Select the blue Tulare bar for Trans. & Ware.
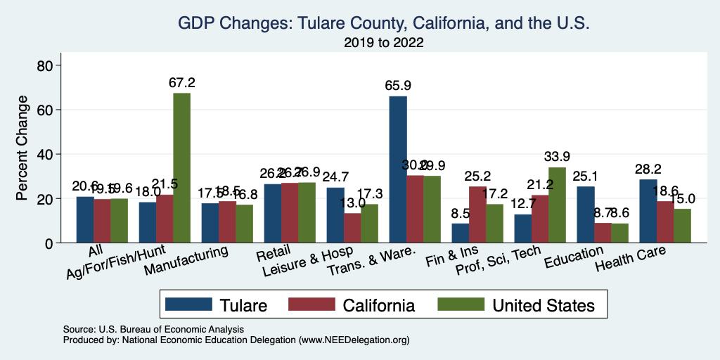pos(398,169)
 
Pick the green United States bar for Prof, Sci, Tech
pos(557,205)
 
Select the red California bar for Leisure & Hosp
pos(352,228)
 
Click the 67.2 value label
pos(181,82)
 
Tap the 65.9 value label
pos(398,85)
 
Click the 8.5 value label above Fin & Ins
pos(461,212)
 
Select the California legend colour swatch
pos(312,304)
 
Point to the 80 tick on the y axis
pos(43,65)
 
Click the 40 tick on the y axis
pos(43,154)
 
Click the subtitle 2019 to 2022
pos(383,43)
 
